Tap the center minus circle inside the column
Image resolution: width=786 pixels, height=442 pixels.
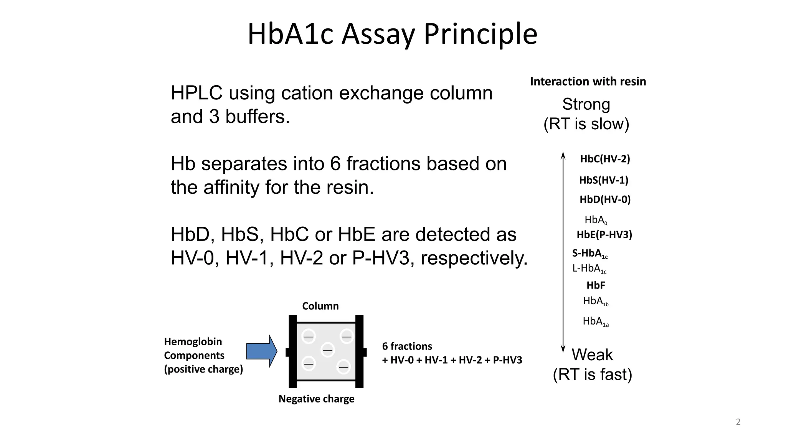tap(327, 350)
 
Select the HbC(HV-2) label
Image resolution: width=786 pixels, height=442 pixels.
tap(605, 159)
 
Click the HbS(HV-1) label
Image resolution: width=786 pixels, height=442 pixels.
tap(604, 180)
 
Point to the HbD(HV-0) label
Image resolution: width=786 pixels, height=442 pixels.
tap(605, 200)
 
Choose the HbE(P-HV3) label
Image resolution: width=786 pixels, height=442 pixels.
tap(604, 234)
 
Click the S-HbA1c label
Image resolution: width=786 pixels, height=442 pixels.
tap(589, 254)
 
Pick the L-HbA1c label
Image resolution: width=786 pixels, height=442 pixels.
tap(589, 269)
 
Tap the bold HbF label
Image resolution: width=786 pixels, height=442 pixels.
tap(596, 285)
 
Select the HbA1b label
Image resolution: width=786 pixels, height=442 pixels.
tap(595, 302)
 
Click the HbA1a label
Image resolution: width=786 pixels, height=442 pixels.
tap(595, 322)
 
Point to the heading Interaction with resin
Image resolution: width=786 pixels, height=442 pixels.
tap(588, 81)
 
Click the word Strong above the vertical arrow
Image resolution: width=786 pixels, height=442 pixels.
tap(586, 104)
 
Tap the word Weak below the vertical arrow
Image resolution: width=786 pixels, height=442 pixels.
tap(592, 355)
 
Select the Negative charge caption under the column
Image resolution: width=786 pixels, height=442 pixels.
tap(316, 399)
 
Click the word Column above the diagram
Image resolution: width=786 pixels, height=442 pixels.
tap(320, 306)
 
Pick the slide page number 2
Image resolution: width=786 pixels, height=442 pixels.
tap(738, 422)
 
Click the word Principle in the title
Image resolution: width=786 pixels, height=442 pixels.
tap(480, 35)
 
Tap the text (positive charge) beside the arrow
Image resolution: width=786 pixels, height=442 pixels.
tap(203, 369)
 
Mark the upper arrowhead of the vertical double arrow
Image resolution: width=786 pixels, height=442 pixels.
tap(563, 155)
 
